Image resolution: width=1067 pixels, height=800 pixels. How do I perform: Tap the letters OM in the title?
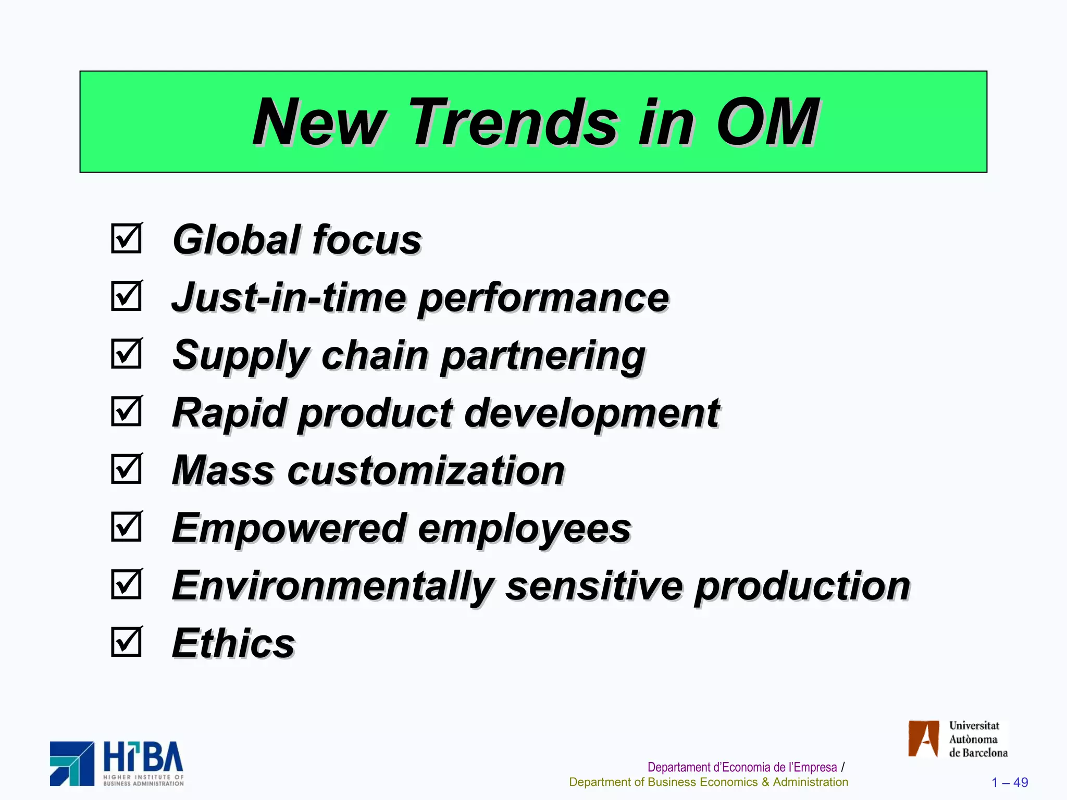pos(767,123)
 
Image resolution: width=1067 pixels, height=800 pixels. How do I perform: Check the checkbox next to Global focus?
pos(126,239)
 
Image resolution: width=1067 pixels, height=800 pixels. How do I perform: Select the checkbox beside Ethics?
pos(126,642)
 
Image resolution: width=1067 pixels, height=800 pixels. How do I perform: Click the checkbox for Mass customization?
pos(126,469)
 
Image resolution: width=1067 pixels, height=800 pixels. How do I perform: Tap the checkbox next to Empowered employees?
pos(126,527)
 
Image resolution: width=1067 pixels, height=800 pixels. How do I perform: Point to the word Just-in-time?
pos(289,297)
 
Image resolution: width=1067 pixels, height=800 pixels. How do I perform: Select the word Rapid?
pos(229,414)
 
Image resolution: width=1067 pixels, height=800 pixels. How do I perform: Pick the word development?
pos(591,414)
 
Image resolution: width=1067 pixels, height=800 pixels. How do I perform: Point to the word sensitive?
pos(594,586)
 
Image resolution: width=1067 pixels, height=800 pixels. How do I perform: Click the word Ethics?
pos(233,643)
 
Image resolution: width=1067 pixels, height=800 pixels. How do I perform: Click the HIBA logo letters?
pos(143,757)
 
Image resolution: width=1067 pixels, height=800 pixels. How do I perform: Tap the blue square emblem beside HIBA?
pos(72,764)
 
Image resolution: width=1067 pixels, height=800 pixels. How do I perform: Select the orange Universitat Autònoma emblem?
pos(923,739)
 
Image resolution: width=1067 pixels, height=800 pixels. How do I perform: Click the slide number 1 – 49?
pos(1009,782)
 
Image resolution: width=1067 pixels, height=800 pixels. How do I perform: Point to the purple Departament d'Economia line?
pos(742,767)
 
